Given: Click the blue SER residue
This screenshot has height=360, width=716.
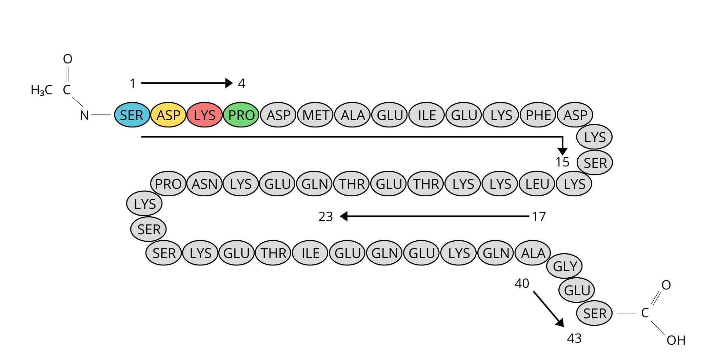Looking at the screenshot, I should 132,115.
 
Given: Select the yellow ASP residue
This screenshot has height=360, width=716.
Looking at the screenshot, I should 168,115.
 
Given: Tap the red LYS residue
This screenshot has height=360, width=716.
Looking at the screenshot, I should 205,115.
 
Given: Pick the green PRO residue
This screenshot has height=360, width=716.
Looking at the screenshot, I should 241,115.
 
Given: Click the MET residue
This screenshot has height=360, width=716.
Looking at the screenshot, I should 316,115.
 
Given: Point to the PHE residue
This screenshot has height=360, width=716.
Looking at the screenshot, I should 538,115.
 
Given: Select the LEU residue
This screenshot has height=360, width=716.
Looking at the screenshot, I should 537,184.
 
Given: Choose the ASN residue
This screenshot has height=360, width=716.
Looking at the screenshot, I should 204,184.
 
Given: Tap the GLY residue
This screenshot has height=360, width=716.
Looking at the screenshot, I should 565,266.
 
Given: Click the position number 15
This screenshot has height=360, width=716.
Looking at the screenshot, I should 562,162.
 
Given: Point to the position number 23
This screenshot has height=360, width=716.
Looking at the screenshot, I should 326,217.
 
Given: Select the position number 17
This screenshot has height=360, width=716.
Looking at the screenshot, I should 539,217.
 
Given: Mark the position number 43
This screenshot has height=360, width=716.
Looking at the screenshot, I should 574,338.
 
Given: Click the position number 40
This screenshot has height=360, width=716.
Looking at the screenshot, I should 522,283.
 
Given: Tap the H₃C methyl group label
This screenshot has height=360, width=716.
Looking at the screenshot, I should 42,90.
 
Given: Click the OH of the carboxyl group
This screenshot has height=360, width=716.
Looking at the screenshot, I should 676,340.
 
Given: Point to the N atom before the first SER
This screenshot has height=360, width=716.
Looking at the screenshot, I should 84,116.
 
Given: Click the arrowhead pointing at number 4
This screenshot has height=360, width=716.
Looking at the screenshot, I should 229,83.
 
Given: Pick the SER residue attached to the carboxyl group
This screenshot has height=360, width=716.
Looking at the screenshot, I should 595,314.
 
